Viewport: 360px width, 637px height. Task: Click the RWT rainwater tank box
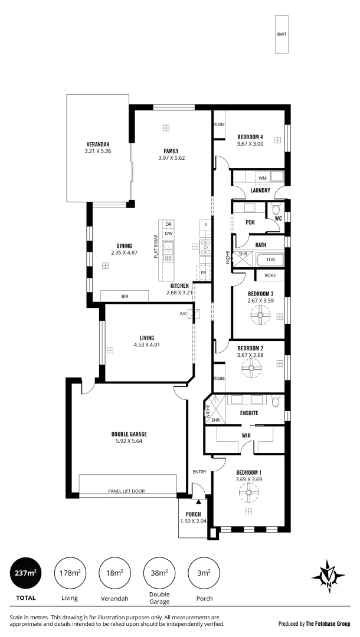pyautogui.click(x=282, y=34)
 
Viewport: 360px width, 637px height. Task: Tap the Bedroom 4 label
pyautogui.click(x=250, y=137)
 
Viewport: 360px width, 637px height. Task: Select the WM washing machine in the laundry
pyautogui.click(x=262, y=178)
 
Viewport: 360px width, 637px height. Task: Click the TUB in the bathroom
pyautogui.click(x=270, y=259)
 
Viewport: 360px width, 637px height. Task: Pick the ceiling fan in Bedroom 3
pyautogui.click(x=258, y=316)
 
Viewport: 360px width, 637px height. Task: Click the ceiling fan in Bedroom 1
pyautogui.click(x=249, y=493)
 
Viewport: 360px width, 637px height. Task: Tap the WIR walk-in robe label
pyautogui.click(x=246, y=436)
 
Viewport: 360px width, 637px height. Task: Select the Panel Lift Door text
pyautogui.click(x=126, y=491)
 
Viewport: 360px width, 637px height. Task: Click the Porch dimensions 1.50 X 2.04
pyautogui.click(x=193, y=521)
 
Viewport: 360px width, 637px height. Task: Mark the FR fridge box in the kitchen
pyautogui.click(x=203, y=272)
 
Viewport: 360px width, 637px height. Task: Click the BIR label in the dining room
pyautogui.click(x=125, y=296)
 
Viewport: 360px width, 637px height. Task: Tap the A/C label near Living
pyautogui.click(x=183, y=313)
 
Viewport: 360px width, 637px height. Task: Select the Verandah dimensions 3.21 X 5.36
pyautogui.click(x=98, y=151)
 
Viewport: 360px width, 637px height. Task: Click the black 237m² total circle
pyautogui.click(x=25, y=573)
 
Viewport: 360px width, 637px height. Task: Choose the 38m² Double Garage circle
pyautogui.click(x=159, y=573)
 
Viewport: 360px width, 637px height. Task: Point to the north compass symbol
pyautogui.click(x=328, y=573)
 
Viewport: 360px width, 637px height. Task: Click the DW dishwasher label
pyautogui.click(x=168, y=234)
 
